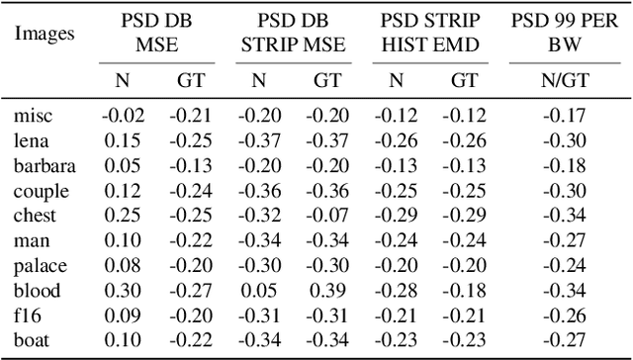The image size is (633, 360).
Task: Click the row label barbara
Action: [x=45, y=165]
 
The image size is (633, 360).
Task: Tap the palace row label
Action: [x=39, y=266]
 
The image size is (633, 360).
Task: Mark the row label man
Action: [x=30, y=240]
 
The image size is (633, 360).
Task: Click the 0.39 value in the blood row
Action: [x=326, y=291]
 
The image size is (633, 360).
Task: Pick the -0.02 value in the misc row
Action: [x=123, y=115]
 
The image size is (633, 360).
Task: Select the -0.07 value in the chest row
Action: [x=326, y=216]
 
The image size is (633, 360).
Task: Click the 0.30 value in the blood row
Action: [x=123, y=291]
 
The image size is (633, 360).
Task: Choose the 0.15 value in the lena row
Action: [x=123, y=140]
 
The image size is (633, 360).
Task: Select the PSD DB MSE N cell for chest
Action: [x=123, y=216]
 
